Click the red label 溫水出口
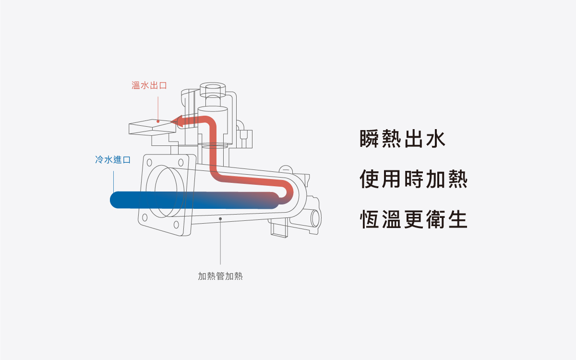(149, 85)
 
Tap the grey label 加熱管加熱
(220, 276)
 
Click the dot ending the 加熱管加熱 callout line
(220, 218)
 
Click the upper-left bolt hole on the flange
(149, 162)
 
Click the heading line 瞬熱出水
(403, 138)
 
